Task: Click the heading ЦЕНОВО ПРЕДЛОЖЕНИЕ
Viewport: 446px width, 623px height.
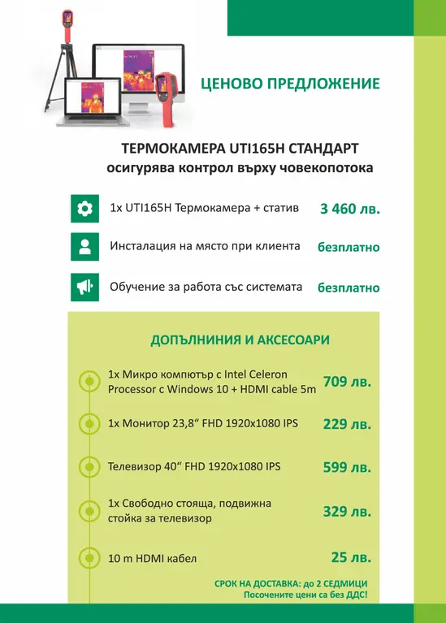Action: click(295, 83)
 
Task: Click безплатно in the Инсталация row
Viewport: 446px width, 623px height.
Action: click(349, 247)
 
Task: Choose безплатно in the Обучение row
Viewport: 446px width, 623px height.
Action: click(349, 287)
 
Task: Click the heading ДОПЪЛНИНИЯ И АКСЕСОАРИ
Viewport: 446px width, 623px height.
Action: click(240, 340)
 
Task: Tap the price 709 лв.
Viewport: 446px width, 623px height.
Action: click(347, 382)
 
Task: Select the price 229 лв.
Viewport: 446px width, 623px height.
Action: click(347, 424)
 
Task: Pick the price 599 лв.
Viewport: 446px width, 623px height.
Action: click(347, 467)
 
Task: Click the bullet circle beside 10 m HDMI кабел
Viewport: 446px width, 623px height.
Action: click(87, 558)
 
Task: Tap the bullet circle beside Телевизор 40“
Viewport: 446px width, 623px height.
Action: click(87, 467)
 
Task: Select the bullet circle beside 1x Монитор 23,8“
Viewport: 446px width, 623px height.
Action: click(87, 423)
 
